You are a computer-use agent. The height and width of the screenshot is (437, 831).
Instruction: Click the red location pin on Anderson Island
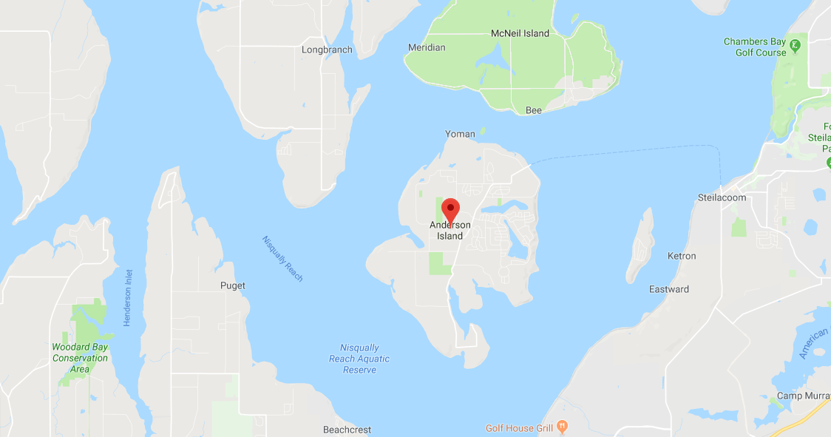(450, 209)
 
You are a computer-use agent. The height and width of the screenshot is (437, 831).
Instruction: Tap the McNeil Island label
(520, 33)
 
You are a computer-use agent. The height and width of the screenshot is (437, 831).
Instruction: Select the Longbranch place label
(327, 50)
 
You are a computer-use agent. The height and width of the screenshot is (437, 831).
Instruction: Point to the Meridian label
(427, 47)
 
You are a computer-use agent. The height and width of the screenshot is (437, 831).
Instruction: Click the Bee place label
(533, 110)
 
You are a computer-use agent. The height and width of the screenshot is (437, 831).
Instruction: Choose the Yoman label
(460, 134)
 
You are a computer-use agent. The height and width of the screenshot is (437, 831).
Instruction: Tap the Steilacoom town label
(722, 197)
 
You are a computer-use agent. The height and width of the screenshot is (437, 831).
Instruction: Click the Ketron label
(682, 256)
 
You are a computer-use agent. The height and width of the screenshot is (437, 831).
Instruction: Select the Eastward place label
(669, 289)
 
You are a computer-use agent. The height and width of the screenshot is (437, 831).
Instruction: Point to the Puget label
(233, 285)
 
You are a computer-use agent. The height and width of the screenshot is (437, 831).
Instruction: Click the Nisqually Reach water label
(282, 258)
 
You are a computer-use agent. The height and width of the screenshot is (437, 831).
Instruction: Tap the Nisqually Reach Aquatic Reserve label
(359, 359)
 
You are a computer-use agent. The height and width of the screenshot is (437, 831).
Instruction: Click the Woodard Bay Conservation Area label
(80, 358)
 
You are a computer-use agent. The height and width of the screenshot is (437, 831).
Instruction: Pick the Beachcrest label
(347, 430)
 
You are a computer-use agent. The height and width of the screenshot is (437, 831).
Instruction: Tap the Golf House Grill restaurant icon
(563, 427)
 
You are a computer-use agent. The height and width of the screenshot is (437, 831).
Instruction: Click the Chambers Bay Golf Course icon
(795, 46)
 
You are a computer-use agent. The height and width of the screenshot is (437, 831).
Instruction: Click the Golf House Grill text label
(519, 428)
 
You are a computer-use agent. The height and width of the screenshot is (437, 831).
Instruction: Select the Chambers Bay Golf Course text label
(755, 47)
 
